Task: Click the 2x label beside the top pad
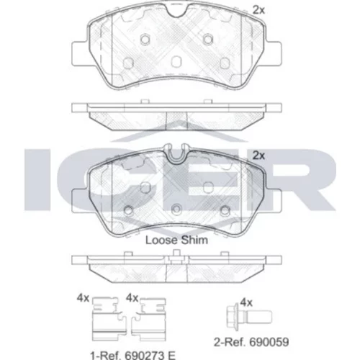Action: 258,10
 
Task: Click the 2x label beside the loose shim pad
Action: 258,156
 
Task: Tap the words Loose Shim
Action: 176,240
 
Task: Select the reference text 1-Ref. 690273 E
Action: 132,355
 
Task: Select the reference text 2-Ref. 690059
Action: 251,342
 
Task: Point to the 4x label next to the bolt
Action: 246,303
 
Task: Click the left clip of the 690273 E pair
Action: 109,319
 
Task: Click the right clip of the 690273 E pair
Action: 149,319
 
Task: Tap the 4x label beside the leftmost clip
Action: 83,298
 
